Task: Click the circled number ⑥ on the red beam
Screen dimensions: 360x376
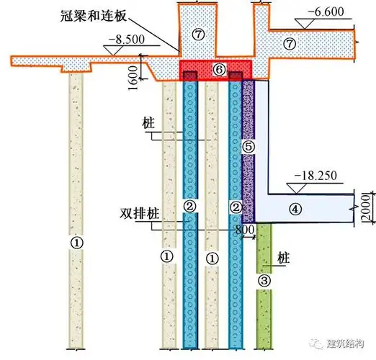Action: point(220,69)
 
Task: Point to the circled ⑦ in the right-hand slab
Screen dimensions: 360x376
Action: point(290,43)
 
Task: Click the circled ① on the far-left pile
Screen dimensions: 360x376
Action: point(76,243)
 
